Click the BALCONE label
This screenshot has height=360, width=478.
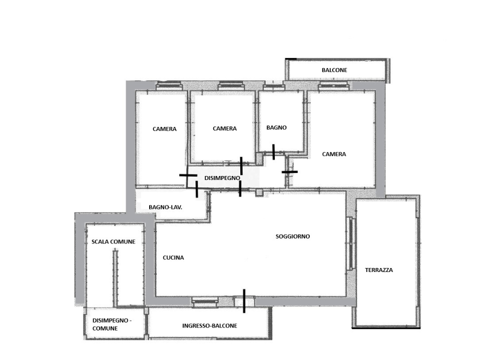(x=334, y=70)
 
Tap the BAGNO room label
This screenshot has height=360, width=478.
(x=276, y=127)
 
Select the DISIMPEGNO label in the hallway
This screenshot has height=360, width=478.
(x=222, y=178)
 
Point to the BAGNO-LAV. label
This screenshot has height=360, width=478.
(x=166, y=207)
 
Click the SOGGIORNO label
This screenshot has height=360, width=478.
(x=293, y=236)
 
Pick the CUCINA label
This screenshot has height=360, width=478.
(x=173, y=257)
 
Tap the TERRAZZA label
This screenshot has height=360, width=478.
(x=379, y=270)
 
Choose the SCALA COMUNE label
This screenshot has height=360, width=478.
(x=114, y=242)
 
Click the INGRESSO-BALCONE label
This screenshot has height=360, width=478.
(x=210, y=326)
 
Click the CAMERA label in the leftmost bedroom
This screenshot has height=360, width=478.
(x=165, y=129)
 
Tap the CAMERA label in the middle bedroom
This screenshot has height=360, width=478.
(x=225, y=128)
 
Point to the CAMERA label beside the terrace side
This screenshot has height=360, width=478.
(x=334, y=154)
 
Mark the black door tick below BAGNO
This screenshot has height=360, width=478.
(x=273, y=152)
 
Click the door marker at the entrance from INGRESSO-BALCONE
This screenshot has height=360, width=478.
(x=244, y=301)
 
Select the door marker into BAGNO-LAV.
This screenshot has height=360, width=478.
(x=197, y=189)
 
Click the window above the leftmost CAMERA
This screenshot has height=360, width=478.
(x=170, y=86)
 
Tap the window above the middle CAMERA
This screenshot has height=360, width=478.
(x=231, y=86)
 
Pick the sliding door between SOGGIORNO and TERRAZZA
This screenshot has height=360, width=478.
(x=351, y=243)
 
